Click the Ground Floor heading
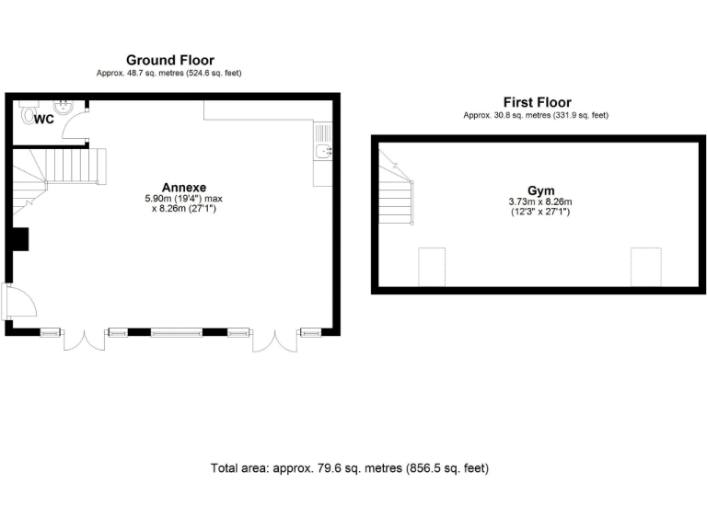tap(169, 60)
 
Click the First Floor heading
tap(537, 102)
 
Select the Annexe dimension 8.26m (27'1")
tap(183, 209)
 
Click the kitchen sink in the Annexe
tap(323, 151)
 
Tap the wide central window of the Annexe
tap(177, 331)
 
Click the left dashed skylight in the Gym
tap(432, 266)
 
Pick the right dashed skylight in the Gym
tap(644, 266)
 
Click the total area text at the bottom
tap(350, 468)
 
